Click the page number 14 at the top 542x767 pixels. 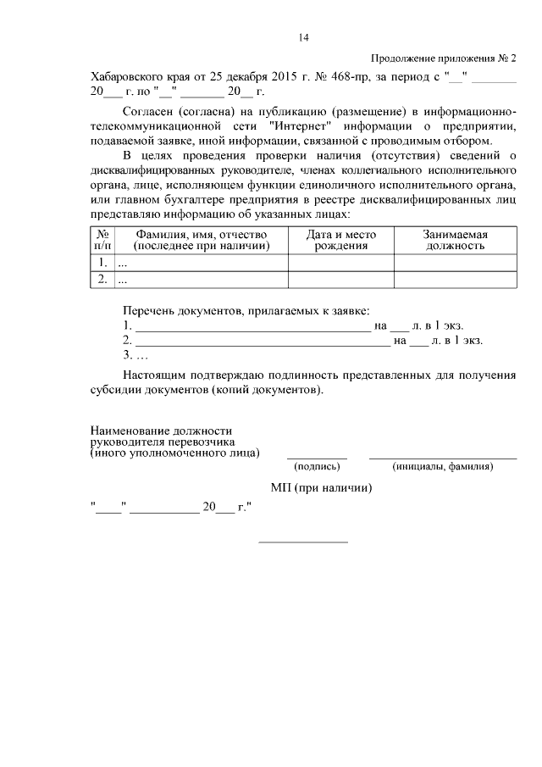tap(303, 37)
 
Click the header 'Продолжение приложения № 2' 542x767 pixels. tap(444, 58)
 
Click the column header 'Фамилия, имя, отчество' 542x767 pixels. tap(201, 240)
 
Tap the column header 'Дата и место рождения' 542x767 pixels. tap(341, 240)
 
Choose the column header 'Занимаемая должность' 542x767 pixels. tap(454, 240)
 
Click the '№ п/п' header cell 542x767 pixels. tap(102, 240)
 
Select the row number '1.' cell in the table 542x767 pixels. tap(102, 263)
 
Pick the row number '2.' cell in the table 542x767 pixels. tap(102, 279)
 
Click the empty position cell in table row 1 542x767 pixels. tap(454, 263)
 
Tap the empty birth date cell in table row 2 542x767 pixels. tap(341, 279)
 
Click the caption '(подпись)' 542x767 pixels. tap(317, 466)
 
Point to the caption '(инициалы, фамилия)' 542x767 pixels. tap(443, 466)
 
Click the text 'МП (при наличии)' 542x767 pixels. tap(322, 488)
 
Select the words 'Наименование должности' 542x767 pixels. tap(161, 431)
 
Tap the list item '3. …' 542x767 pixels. tap(135, 356)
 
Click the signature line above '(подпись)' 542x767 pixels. tap(317, 457)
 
